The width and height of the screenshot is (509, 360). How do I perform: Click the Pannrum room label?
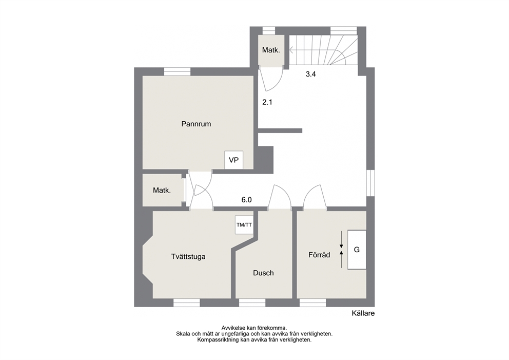[x=196, y=124]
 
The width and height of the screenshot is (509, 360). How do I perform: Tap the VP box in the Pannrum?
[x=234, y=160]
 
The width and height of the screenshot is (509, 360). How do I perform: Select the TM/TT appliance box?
[x=244, y=224]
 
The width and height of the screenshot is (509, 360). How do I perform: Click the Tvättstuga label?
[x=188, y=257]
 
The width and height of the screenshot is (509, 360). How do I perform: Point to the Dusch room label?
[x=263, y=273]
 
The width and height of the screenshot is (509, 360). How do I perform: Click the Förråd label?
[x=319, y=255]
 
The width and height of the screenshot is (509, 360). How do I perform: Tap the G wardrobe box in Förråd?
[x=357, y=250]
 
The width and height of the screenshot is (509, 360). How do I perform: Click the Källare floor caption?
[x=363, y=313]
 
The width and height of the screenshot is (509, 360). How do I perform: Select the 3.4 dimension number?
[x=310, y=74]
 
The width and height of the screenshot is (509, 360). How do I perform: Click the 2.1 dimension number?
[x=267, y=102]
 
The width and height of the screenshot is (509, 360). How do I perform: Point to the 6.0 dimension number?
[x=246, y=200]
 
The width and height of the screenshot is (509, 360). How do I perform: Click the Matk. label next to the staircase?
[x=271, y=50]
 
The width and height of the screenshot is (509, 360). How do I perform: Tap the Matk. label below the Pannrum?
[x=162, y=191]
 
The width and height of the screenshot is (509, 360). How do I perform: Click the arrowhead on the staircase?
[x=291, y=50]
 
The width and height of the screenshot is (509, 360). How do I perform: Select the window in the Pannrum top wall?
[x=177, y=71]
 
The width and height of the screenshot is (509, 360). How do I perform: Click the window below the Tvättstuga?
[x=186, y=303]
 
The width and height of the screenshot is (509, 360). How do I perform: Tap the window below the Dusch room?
[x=252, y=303]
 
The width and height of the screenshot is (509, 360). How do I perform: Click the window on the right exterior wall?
[x=370, y=183]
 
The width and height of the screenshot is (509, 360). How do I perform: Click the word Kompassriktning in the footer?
[x=218, y=340]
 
